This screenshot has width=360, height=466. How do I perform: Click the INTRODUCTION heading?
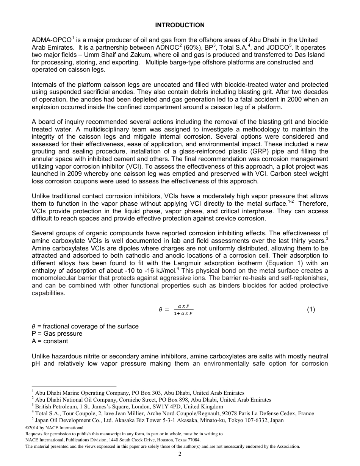point(180,25)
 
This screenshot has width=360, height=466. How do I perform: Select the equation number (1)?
point(311,310)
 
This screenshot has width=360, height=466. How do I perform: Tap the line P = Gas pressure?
point(57,334)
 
